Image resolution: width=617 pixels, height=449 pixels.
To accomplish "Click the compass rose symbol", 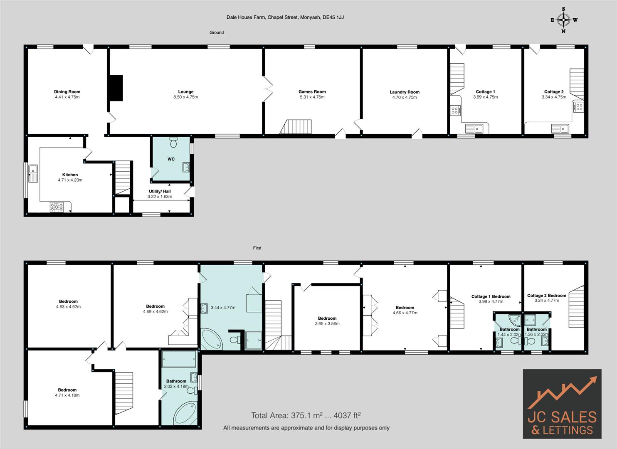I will (x=564, y=20).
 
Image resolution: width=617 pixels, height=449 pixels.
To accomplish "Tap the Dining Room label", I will (x=67, y=92).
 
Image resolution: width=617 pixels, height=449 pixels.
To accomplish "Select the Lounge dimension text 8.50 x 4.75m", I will (x=186, y=97).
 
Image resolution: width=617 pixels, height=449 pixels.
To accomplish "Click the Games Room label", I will (x=312, y=92).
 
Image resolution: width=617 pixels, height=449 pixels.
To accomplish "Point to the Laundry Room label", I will (x=405, y=92).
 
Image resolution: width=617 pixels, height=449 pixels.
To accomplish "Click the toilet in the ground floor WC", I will (x=173, y=143).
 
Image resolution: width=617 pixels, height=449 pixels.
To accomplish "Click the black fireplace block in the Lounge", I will (x=116, y=88).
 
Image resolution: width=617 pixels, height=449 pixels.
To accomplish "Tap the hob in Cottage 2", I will (x=578, y=107).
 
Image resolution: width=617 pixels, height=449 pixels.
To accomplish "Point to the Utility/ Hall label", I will (x=160, y=192).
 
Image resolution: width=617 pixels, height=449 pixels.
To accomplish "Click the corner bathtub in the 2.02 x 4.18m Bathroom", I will (x=187, y=413).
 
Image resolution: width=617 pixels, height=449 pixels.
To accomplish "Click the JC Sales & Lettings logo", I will (x=562, y=404).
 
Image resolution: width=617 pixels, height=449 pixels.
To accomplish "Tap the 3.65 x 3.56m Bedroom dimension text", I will (x=327, y=324).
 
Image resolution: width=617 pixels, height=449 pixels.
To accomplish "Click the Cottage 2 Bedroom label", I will (x=546, y=296).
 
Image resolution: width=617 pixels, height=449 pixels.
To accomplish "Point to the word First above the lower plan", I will (x=257, y=248).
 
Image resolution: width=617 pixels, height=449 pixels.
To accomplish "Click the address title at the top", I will (x=285, y=17).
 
